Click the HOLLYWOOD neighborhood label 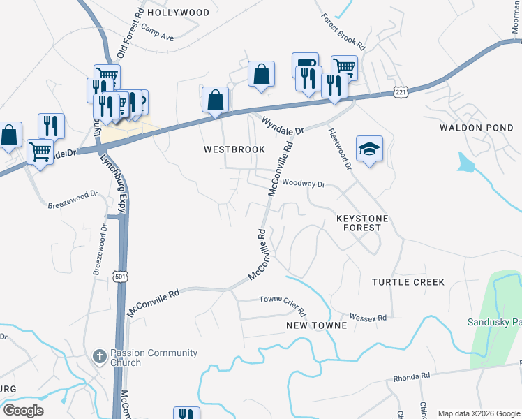[x=179, y=13]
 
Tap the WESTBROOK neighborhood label [x=234, y=149]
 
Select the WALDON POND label [x=477, y=128]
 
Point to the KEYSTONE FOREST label [x=362, y=223]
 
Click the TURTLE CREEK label [x=408, y=282]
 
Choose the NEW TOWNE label [x=316, y=325]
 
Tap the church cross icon [x=99, y=357]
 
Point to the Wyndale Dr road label [x=283, y=126]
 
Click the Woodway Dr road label [x=304, y=184]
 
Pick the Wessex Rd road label [x=368, y=318]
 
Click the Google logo [x=23, y=411]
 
